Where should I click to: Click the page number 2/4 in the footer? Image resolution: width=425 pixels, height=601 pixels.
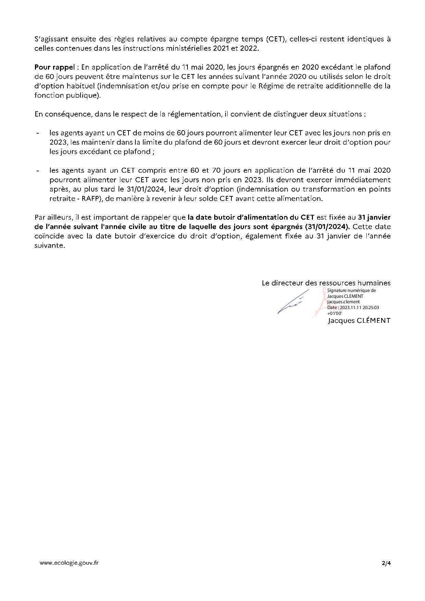tap(386, 563)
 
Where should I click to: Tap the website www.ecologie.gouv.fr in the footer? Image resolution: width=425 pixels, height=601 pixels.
tap(69, 563)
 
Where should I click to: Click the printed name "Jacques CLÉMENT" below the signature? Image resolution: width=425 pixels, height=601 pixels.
tap(359, 321)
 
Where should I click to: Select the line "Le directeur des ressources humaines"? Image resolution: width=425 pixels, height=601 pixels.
tap(326, 283)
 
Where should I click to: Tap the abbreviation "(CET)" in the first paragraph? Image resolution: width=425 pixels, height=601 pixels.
tap(275, 39)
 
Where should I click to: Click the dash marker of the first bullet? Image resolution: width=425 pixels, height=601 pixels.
tap(37, 133)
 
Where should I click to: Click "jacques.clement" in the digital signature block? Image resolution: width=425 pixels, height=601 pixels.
tap(343, 302)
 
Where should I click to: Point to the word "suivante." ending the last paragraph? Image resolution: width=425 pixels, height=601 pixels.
tap(50, 246)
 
